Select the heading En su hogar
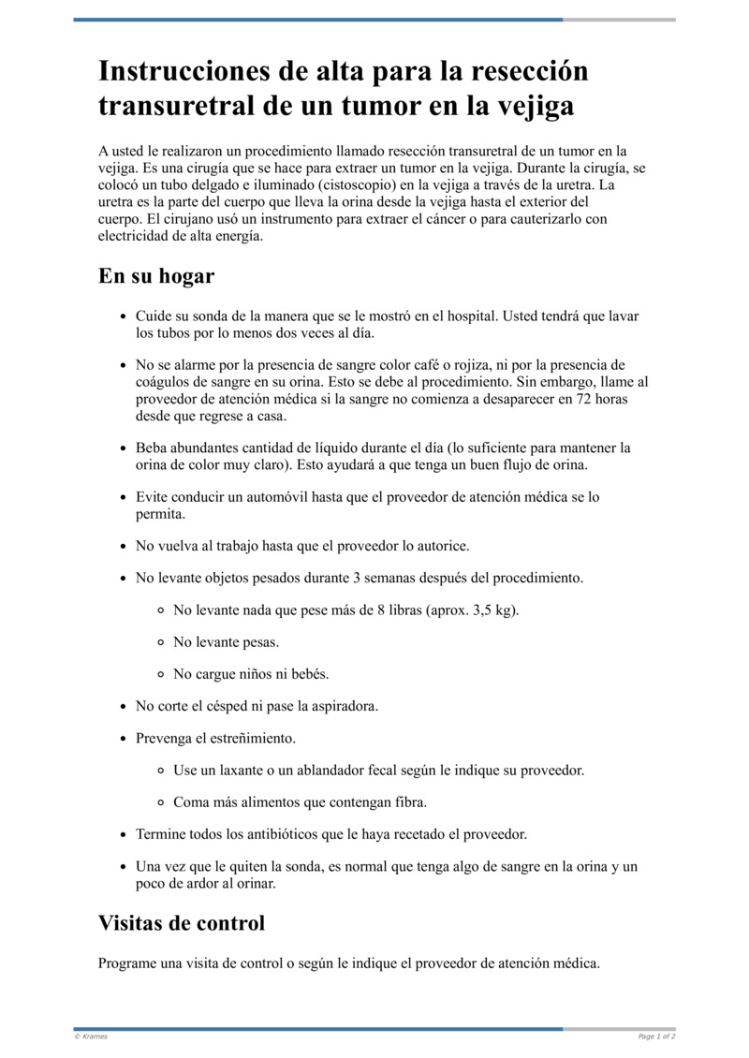coord(156,276)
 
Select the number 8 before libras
coord(367,610)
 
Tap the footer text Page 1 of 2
coord(656,1036)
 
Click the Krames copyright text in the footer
coord(91,1036)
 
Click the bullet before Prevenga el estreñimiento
coord(124,739)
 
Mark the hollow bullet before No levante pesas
coord(161,643)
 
